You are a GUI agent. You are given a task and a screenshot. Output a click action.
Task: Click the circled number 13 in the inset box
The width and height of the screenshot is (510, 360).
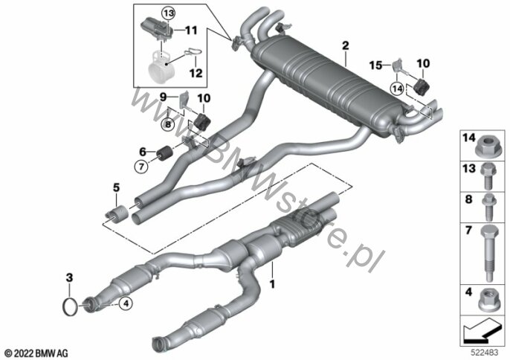[169, 13]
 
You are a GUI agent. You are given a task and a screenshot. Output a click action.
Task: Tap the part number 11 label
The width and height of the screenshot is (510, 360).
[192, 30]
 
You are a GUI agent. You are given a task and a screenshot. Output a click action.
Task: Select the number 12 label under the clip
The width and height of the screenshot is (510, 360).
[196, 73]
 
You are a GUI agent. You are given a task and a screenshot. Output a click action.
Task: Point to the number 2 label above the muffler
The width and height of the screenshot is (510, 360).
[345, 45]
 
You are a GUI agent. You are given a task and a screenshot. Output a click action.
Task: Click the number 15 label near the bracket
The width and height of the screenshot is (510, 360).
[375, 65]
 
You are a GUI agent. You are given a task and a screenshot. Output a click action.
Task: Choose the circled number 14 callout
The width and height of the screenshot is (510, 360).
[398, 89]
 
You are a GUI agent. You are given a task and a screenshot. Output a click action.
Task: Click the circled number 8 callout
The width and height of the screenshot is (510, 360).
[168, 124]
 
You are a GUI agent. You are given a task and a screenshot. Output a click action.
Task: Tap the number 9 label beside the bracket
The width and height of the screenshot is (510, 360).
[164, 97]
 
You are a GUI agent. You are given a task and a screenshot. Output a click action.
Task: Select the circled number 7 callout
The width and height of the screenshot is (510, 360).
[141, 167]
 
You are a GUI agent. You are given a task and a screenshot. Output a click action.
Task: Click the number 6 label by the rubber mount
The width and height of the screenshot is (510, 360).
[143, 151]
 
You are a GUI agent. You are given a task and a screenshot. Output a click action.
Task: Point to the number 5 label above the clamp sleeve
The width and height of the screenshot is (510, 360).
[116, 187]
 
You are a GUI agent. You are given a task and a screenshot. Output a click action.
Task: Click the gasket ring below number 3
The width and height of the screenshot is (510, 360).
[69, 306]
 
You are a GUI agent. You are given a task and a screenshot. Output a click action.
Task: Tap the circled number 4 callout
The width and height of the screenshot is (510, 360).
[126, 303]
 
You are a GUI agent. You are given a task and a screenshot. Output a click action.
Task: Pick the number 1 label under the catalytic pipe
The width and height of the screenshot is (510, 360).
[272, 284]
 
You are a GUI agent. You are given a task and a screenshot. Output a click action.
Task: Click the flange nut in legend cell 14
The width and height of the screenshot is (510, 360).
[485, 147]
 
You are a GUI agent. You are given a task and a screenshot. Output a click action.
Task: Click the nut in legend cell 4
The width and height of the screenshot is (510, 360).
[488, 300]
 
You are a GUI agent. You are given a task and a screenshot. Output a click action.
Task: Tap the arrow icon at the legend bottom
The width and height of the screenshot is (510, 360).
[482, 332]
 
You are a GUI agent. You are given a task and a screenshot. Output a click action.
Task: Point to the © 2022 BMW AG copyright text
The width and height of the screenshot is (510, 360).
[36, 353]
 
